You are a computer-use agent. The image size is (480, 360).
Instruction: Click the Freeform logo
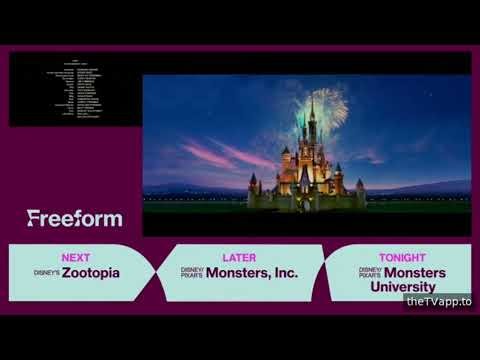click(x=75, y=218)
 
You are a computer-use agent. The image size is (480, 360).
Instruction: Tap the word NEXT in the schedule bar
click(x=76, y=257)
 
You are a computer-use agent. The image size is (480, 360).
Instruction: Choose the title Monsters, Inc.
click(x=251, y=272)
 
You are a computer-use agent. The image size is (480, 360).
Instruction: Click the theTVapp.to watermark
click(x=438, y=301)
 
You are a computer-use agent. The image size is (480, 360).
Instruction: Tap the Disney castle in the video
click(x=305, y=170)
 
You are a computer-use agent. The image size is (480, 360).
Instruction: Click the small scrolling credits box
click(x=75, y=90)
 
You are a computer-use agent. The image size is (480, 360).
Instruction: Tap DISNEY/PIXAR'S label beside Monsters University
click(x=370, y=272)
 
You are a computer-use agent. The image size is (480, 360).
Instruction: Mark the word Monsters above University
click(x=416, y=272)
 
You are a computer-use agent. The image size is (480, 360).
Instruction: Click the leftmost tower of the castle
click(x=253, y=185)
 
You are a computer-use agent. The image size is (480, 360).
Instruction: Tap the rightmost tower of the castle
click(x=360, y=188)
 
